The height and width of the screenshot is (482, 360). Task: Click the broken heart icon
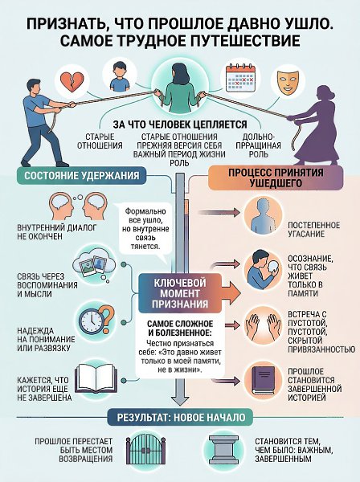pos(72,81)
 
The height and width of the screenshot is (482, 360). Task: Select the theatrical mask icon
pos(288,81)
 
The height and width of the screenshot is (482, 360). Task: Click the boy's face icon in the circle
pos(119,76)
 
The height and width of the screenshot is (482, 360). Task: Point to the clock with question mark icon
pos(96,321)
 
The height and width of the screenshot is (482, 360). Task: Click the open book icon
pos(96,378)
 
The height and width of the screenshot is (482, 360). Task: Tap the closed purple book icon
pos(263,381)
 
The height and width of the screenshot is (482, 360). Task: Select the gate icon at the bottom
pos(146,450)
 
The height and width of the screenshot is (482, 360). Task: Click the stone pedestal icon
pos(223,449)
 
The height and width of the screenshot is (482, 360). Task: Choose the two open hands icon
pos(263,325)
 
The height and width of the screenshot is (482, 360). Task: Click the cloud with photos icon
pos(94,264)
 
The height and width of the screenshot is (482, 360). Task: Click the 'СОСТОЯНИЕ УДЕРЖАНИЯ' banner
pos(81,175)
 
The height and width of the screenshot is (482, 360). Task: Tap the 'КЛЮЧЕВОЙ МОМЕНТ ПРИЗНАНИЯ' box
pos(180,293)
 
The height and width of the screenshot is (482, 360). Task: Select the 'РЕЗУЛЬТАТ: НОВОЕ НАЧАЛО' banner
pos(181,418)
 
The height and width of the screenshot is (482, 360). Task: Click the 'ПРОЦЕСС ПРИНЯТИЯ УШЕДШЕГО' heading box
pos(276,178)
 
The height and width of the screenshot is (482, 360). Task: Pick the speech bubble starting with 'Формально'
pos(145,229)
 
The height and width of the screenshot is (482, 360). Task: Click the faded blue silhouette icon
pos(263,215)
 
